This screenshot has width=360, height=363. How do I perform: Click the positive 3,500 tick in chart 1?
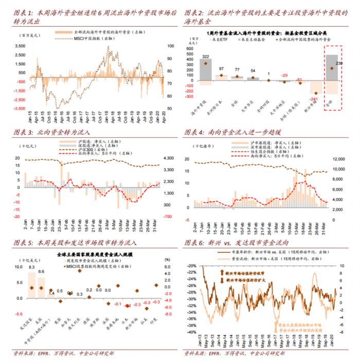(19, 46)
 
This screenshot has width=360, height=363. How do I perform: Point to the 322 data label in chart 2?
(206, 56)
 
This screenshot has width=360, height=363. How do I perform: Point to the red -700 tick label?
(169, 216)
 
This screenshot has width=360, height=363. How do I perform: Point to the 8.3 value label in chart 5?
(31, 268)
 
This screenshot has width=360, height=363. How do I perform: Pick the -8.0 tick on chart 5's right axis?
(167, 313)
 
